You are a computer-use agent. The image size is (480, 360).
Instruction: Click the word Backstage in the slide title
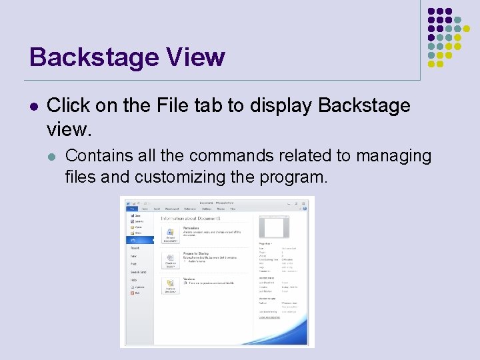pos(94,57)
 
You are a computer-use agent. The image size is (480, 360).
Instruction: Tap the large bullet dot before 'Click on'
pos(34,106)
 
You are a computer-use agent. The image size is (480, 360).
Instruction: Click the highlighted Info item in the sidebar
pos(133,241)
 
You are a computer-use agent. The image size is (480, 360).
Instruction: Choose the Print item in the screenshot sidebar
pos(134,264)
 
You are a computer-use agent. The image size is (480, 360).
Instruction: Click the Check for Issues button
pos(171,259)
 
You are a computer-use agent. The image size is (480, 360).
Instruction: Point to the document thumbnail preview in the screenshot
pos(273,227)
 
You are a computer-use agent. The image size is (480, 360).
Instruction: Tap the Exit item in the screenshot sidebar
pos(137,293)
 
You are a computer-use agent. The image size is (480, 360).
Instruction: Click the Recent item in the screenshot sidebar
pos(135,248)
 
